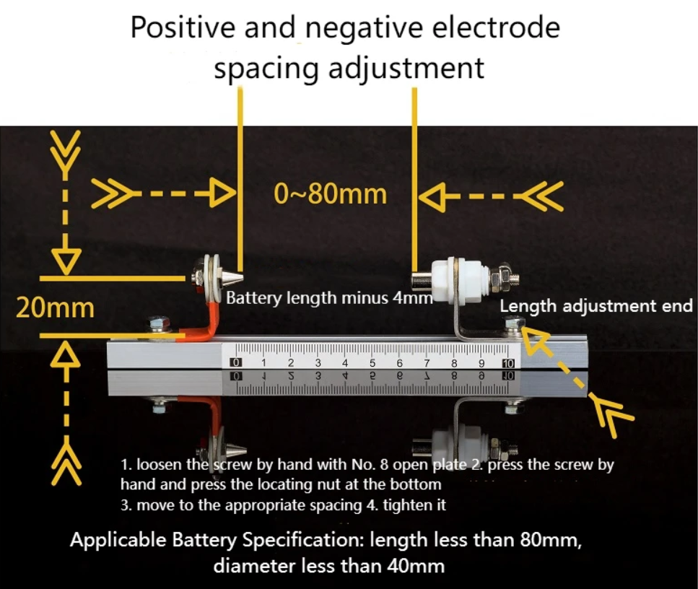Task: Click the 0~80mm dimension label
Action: pos(331,193)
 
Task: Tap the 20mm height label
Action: pos(56,308)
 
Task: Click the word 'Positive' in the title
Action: pos(183,27)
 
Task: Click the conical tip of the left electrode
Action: pos(234,276)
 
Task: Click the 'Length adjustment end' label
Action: pos(596,306)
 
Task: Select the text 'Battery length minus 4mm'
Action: pos(329,297)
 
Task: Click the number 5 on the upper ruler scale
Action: pos(372,362)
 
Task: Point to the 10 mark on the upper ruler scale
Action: pos(507,362)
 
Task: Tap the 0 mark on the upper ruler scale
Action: pos(236,362)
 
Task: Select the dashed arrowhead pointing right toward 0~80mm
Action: pos(223,193)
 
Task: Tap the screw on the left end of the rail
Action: pos(154,322)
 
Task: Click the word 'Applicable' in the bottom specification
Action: pos(116,541)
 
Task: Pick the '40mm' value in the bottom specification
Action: pos(418,565)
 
